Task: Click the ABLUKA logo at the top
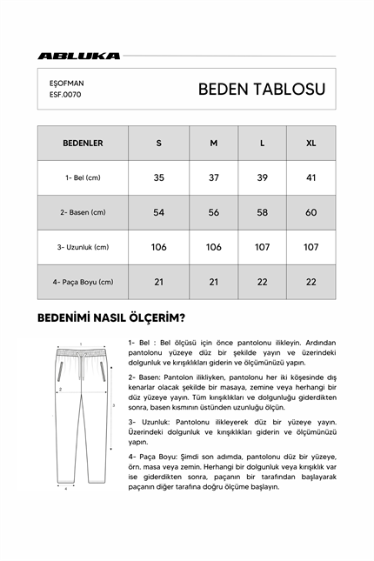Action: (x=78, y=56)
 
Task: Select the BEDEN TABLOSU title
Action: (x=261, y=89)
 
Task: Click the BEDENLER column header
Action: (x=83, y=143)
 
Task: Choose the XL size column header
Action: (x=311, y=143)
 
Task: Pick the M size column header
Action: (x=213, y=143)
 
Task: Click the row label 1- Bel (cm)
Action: (x=83, y=177)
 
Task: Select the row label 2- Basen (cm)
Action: (x=83, y=212)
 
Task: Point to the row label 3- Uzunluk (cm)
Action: (x=83, y=247)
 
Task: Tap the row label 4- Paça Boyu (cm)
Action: (x=83, y=282)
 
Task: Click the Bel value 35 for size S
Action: (x=158, y=177)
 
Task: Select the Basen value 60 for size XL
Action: (x=311, y=212)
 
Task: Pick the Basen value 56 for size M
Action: (x=213, y=212)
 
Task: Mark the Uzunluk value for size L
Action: (x=263, y=247)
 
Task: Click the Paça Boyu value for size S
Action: (x=158, y=282)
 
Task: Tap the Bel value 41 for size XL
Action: (x=311, y=177)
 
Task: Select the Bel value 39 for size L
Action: (x=263, y=177)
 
